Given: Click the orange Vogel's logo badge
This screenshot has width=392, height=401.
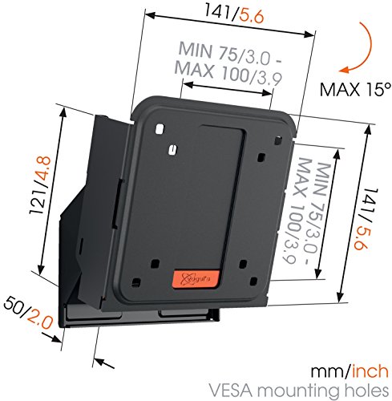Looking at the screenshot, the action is tap(196, 279).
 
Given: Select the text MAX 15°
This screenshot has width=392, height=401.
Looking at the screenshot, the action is tap(355, 90).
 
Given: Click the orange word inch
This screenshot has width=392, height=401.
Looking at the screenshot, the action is tap(370, 371).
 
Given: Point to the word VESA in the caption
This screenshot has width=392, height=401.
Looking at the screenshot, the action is tap(231, 391).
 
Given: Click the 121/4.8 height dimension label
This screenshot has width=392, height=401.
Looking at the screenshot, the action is tap(41, 185).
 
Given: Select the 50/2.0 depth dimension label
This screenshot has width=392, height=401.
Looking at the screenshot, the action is tap(28, 312).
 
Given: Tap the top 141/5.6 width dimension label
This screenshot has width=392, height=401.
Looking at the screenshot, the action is tap(234, 14).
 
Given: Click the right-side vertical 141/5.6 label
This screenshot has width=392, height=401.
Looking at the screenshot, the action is tap(366, 219).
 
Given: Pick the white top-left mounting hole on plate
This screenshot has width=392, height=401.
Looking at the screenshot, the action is tap(160, 129).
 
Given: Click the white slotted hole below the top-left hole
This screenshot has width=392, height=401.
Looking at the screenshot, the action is tap(173, 149).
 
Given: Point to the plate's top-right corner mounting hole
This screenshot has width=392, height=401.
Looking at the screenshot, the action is tap(278, 140).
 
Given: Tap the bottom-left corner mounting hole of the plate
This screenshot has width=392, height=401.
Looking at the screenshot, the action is tap(136, 282).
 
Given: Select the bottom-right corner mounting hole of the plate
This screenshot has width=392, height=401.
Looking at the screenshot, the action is tap(253, 281).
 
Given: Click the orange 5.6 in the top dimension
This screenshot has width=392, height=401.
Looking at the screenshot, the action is tap(252, 17).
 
